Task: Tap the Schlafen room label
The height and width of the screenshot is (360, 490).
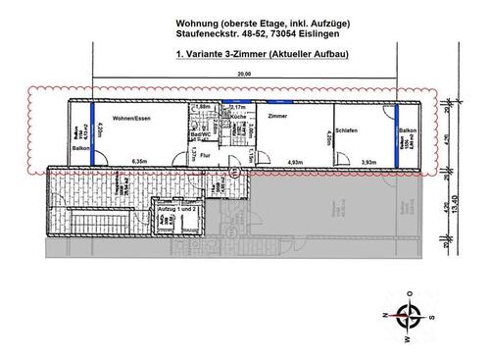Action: click(x=346, y=129)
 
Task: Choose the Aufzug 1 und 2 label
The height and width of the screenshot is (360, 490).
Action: click(x=177, y=209)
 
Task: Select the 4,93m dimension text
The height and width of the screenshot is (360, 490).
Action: click(x=295, y=161)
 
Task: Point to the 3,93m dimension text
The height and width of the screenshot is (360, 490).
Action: click(x=368, y=161)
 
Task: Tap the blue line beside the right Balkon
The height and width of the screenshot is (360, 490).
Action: click(x=396, y=130)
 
